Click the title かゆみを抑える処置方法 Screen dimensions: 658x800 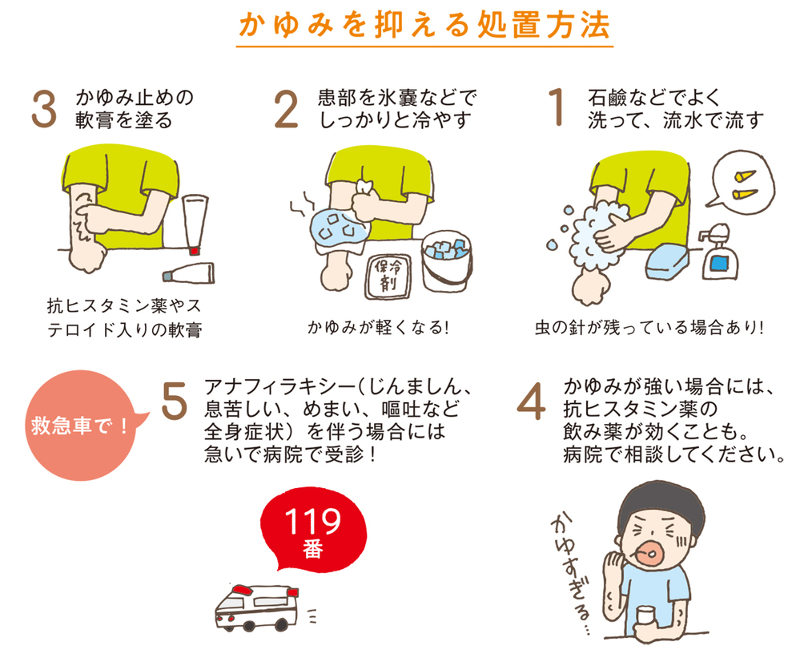click(424, 25)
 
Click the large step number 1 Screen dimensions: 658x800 click(557, 110)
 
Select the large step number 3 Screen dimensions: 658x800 click(43, 111)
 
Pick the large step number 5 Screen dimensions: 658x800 click(173, 401)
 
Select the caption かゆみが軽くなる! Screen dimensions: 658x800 click(375, 328)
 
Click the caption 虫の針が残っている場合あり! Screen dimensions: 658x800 click(649, 328)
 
